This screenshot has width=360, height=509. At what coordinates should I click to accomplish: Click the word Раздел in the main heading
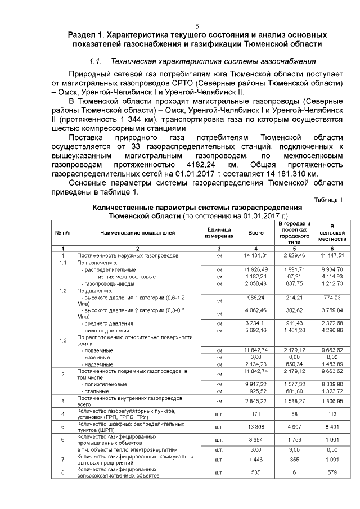click(83, 35)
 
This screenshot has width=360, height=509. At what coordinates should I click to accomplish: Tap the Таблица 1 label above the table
click(328, 200)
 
